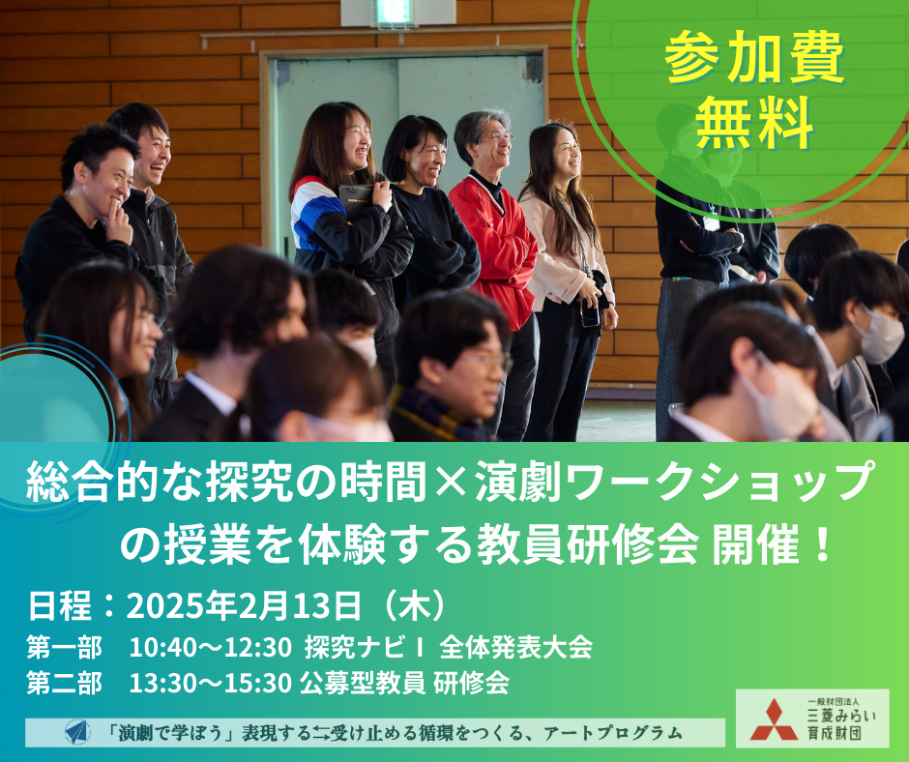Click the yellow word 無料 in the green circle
(x=755, y=123)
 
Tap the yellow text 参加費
(x=755, y=57)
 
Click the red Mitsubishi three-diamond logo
(x=774, y=719)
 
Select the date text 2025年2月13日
(x=244, y=606)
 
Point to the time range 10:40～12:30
(x=210, y=647)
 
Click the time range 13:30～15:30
(x=210, y=683)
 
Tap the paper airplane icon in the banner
(x=77, y=732)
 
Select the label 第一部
(x=65, y=647)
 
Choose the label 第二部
(x=65, y=683)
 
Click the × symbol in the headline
(x=451, y=482)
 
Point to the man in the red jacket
(x=493, y=261)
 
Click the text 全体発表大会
(x=516, y=647)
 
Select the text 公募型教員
(x=363, y=683)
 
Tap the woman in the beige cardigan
(x=569, y=278)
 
